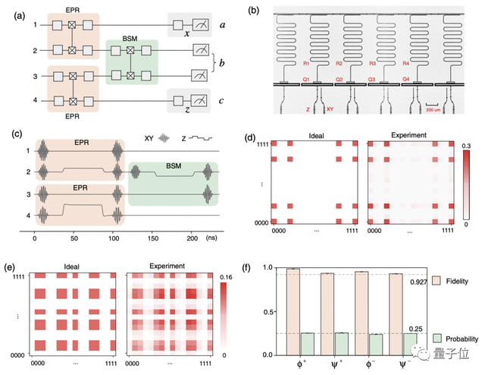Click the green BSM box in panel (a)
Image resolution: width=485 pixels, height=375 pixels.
pos(132,62)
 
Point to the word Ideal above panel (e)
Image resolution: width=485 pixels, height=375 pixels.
pos(71,267)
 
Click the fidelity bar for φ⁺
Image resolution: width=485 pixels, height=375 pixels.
pos(293,311)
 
